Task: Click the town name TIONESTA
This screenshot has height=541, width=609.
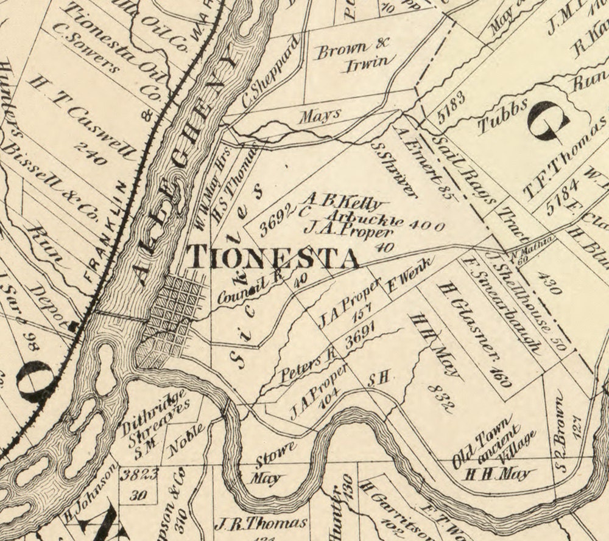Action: (272, 257)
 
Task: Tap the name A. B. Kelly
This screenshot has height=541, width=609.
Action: (343, 202)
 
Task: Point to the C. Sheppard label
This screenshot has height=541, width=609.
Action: (270, 73)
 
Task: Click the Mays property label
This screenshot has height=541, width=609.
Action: (319, 116)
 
